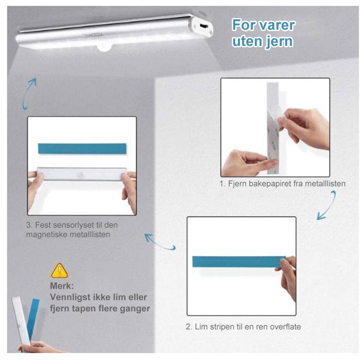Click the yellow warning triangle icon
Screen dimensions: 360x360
pos(59,271)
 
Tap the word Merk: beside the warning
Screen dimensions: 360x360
pos(62,286)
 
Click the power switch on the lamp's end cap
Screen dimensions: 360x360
pos(204,26)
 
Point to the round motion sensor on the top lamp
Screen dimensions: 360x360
pos(104,47)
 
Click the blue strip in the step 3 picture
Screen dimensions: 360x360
pos(82,148)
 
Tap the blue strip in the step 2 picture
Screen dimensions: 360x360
pos(238,262)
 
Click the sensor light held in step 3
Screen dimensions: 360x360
pos(82,174)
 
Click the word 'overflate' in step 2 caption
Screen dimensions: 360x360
pos(285,327)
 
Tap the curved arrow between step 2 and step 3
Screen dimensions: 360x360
pos(160,242)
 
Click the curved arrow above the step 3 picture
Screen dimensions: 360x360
pos(29,94)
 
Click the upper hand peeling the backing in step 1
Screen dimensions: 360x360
pos(304,127)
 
